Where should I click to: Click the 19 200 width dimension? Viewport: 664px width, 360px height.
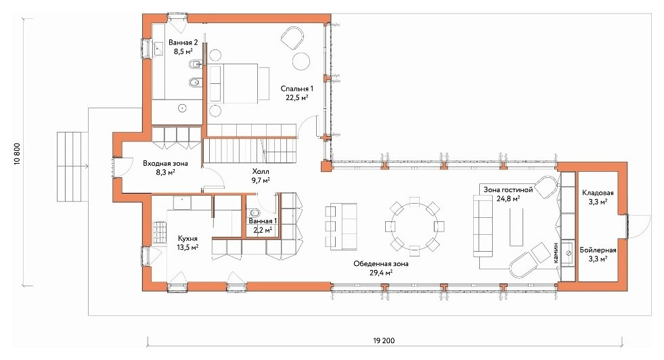[x=384, y=340]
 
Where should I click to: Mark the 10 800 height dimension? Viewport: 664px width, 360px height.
[x=18, y=154]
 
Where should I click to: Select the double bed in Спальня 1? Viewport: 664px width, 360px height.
[x=239, y=83]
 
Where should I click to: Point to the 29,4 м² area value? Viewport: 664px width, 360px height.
[x=380, y=272]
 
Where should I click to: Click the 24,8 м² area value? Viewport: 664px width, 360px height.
[x=508, y=198]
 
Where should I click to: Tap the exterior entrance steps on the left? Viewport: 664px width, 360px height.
[x=69, y=166]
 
